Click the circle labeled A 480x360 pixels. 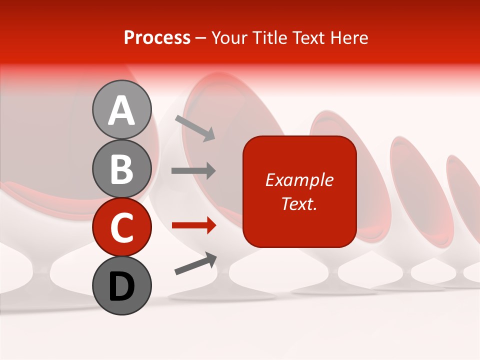pos(122,109)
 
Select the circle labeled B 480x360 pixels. pos(122,168)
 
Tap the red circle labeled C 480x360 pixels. pos(122,227)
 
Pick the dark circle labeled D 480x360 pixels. pos(122,285)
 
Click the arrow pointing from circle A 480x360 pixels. pos(195,127)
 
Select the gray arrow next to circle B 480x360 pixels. pos(193,171)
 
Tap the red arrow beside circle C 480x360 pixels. pos(193,225)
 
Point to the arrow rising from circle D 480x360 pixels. pos(195,263)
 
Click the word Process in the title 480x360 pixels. pos(157,38)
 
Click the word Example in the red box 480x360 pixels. pos(299,180)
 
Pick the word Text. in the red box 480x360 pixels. pos(299,204)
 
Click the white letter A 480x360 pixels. pos(122,110)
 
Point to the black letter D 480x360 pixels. pos(122,286)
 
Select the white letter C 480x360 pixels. pos(122,227)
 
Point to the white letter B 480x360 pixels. pos(122,169)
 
